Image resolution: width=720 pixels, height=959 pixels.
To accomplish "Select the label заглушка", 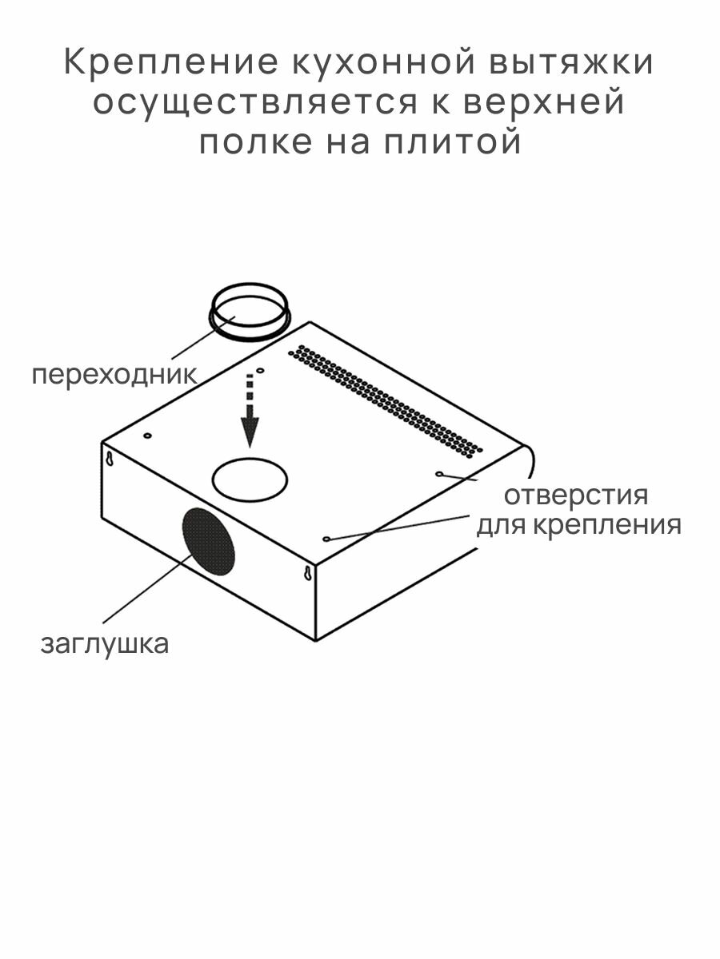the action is (105, 643).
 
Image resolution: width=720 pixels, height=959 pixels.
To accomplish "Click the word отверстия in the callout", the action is (576, 495).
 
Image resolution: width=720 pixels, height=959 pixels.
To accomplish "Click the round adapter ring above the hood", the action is (249, 312).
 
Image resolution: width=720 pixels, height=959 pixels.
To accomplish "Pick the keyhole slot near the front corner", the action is (306, 573).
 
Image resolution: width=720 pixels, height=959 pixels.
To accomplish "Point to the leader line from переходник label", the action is (192, 342).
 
